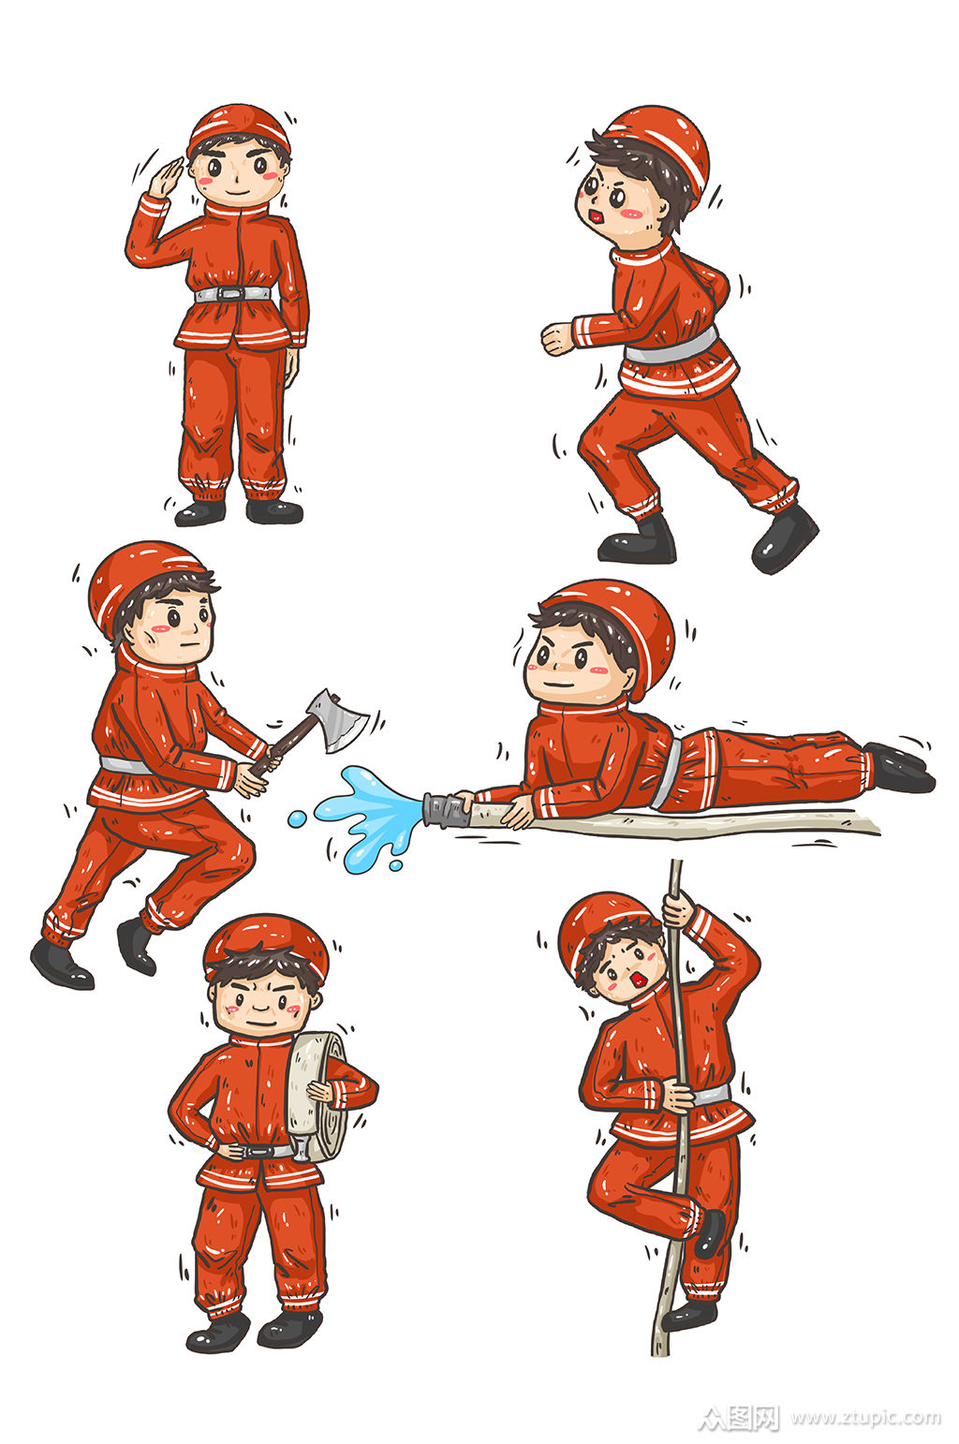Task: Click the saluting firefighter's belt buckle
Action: click(232, 293)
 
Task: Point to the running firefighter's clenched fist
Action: click(557, 338)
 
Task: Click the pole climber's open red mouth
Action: click(640, 980)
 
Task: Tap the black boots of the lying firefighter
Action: click(898, 768)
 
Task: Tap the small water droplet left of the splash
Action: click(297, 818)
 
